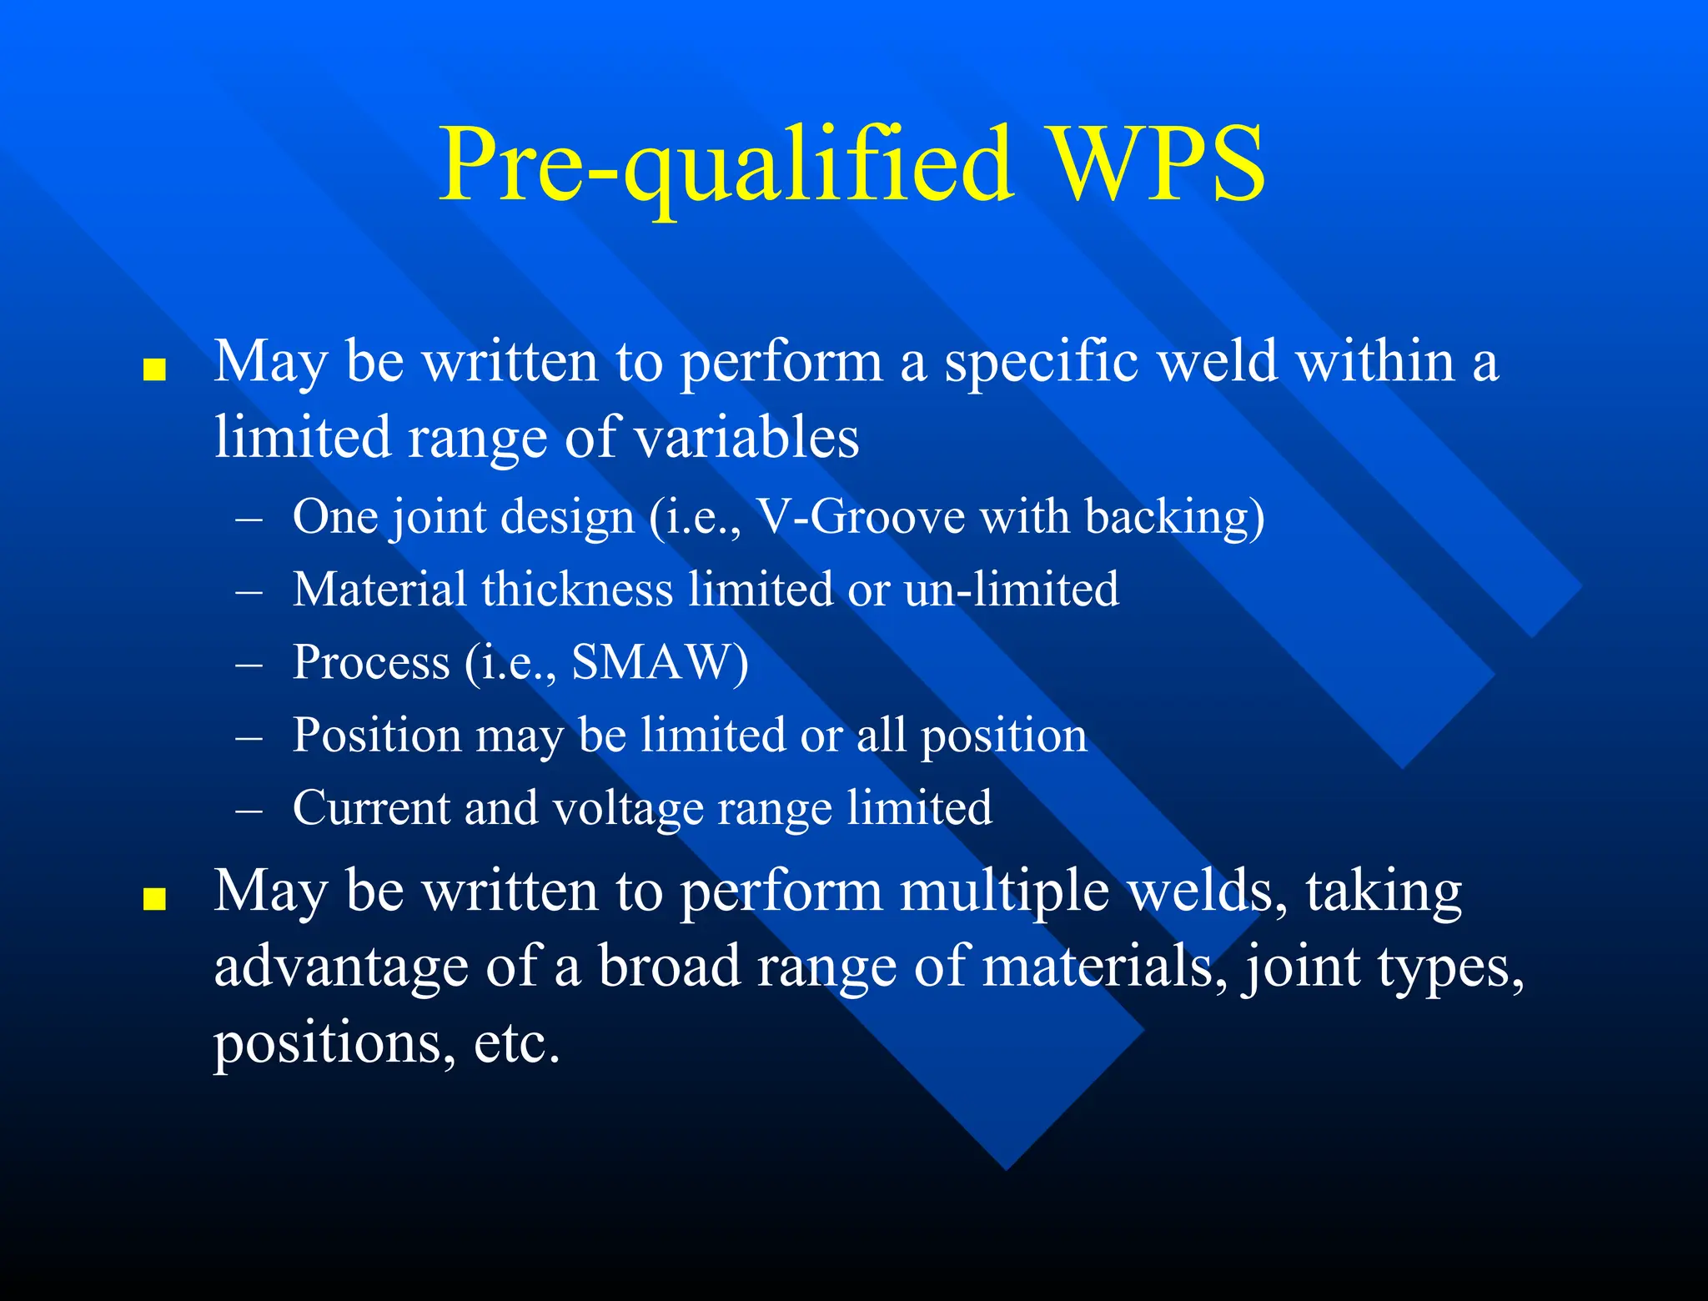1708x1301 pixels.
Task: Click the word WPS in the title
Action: coord(1157,163)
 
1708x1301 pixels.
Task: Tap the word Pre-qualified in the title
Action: coord(726,165)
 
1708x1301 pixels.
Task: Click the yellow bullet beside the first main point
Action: coord(154,369)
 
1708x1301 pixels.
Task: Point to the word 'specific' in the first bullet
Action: coord(1042,364)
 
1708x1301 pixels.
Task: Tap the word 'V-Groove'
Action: coord(860,517)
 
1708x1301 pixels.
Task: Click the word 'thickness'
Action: coord(577,590)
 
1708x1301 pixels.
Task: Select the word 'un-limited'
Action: coord(1011,590)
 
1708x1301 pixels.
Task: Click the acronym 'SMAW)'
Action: coord(660,663)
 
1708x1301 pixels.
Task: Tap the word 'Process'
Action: coord(371,663)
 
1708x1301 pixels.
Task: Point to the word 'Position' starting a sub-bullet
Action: coord(377,736)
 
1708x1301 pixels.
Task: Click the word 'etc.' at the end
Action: coord(516,1042)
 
